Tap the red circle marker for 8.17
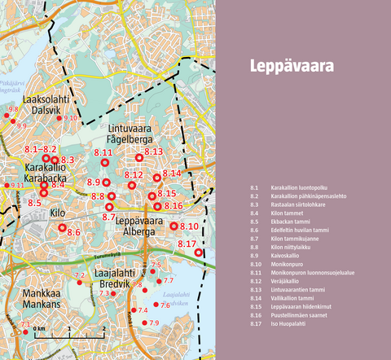tap(198, 252)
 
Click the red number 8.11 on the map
tap(103, 152)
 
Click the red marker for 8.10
tap(174, 226)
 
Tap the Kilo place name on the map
tap(58, 213)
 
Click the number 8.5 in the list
tap(255, 222)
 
